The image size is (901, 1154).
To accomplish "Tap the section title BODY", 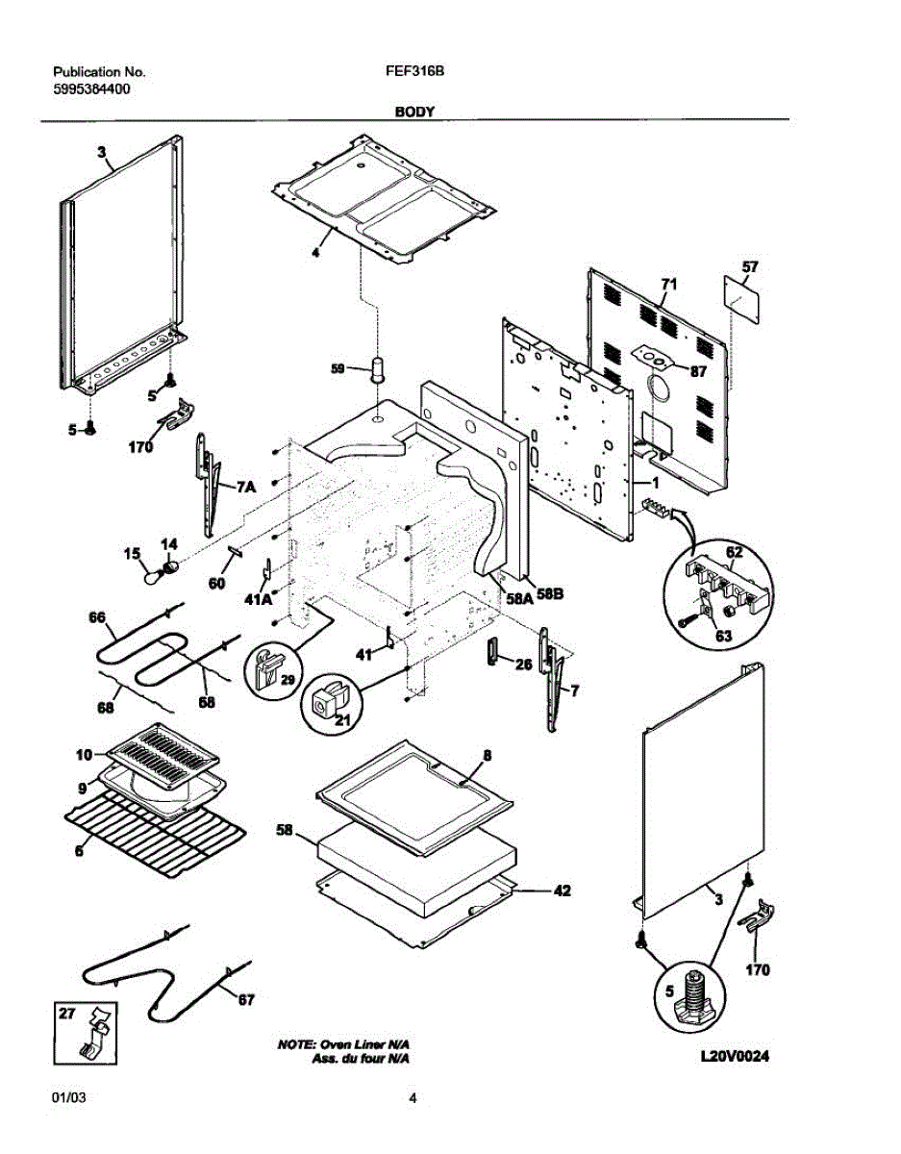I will coord(414,112).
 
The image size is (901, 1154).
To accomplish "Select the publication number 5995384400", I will coord(92,88).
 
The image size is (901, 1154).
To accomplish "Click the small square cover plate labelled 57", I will coord(740,301).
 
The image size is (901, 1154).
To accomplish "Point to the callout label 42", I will coord(563,891).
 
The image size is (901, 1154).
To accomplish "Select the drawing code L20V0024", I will coord(736,1057).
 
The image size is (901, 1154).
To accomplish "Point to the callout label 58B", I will coord(550,595).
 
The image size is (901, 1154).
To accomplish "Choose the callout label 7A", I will coord(246,489).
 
